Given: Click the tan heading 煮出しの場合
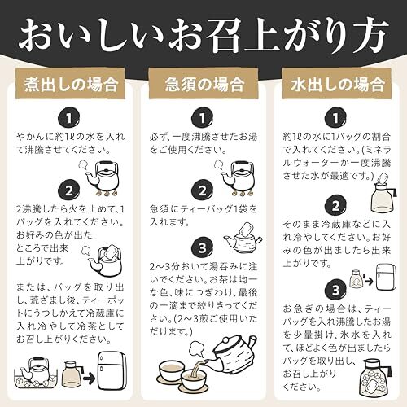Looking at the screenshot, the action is click(x=70, y=84).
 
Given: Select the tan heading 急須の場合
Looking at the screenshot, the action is click(x=203, y=84).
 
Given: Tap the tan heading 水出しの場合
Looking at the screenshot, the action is click(x=337, y=84).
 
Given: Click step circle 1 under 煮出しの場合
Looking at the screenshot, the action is click(x=69, y=118).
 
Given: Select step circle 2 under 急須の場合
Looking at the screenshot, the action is click(x=202, y=190).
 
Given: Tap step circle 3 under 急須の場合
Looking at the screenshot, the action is click(x=202, y=247).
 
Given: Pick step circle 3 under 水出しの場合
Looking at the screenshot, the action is click(x=335, y=290).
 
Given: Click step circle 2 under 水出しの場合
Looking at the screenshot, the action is click(x=335, y=206).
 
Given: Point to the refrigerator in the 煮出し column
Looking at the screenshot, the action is click(x=112, y=370).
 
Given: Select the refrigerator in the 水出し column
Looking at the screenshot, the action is click(x=386, y=277).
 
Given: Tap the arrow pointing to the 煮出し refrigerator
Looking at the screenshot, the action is click(x=89, y=378).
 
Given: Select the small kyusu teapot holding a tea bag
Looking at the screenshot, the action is click(x=243, y=239).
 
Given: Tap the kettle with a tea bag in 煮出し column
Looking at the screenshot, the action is click(x=104, y=261).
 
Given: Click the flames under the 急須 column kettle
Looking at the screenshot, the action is click(x=243, y=193).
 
